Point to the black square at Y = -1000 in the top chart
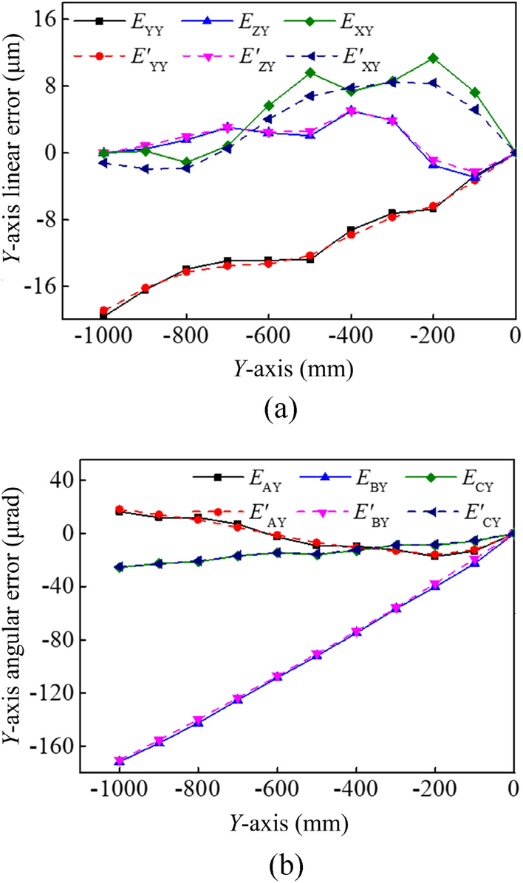[103, 316]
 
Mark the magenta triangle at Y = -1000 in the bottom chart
[119, 760]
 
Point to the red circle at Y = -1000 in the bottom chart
[119, 509]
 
